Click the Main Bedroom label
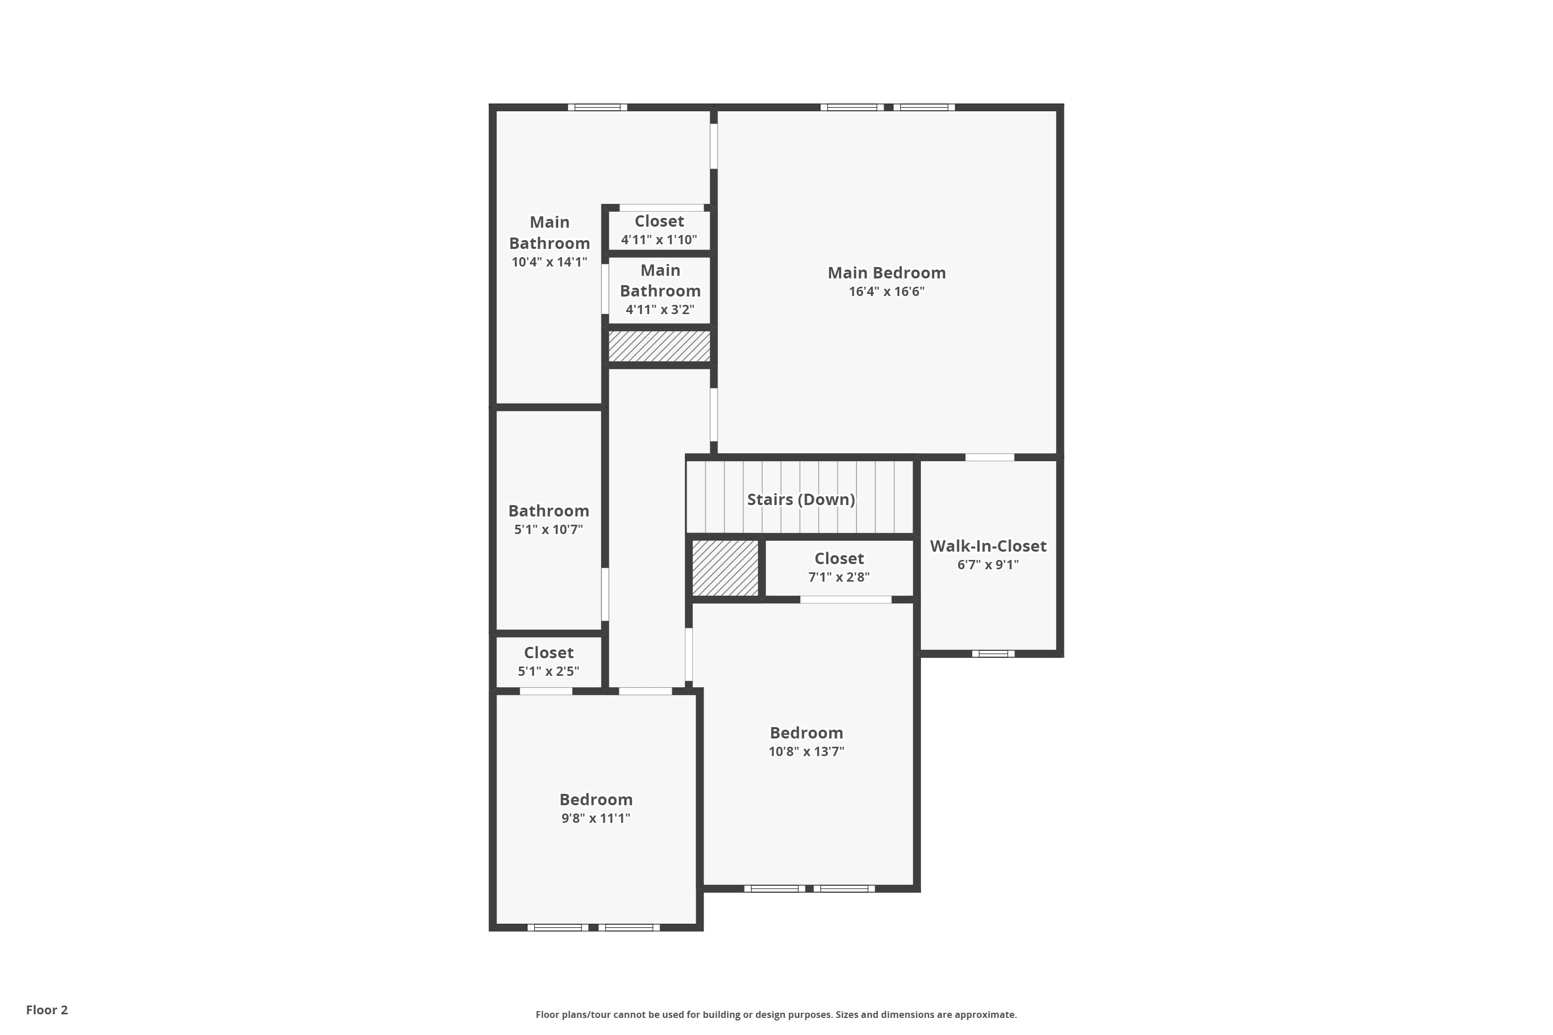tap(886, 273)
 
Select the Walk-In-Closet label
tap(988, 546)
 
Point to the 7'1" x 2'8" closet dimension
tap(839, 577)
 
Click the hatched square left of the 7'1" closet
tap(725, 568)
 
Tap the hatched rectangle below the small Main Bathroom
tap(659, 346)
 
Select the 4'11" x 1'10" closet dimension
tap(659, 240)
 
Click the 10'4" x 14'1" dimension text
tap(549, 262)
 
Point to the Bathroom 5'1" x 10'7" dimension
tap(548, 529)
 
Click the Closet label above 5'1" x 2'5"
tap(548, 652)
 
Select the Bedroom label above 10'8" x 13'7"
tap(805, 733)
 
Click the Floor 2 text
tap(47, 1010)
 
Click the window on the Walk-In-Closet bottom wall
tap(992, 654)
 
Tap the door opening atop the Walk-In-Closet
tap(989, 457)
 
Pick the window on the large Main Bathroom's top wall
tap(597, 107)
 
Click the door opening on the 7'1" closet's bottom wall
tap(845, 599)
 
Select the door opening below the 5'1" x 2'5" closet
tap(546, 691)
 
